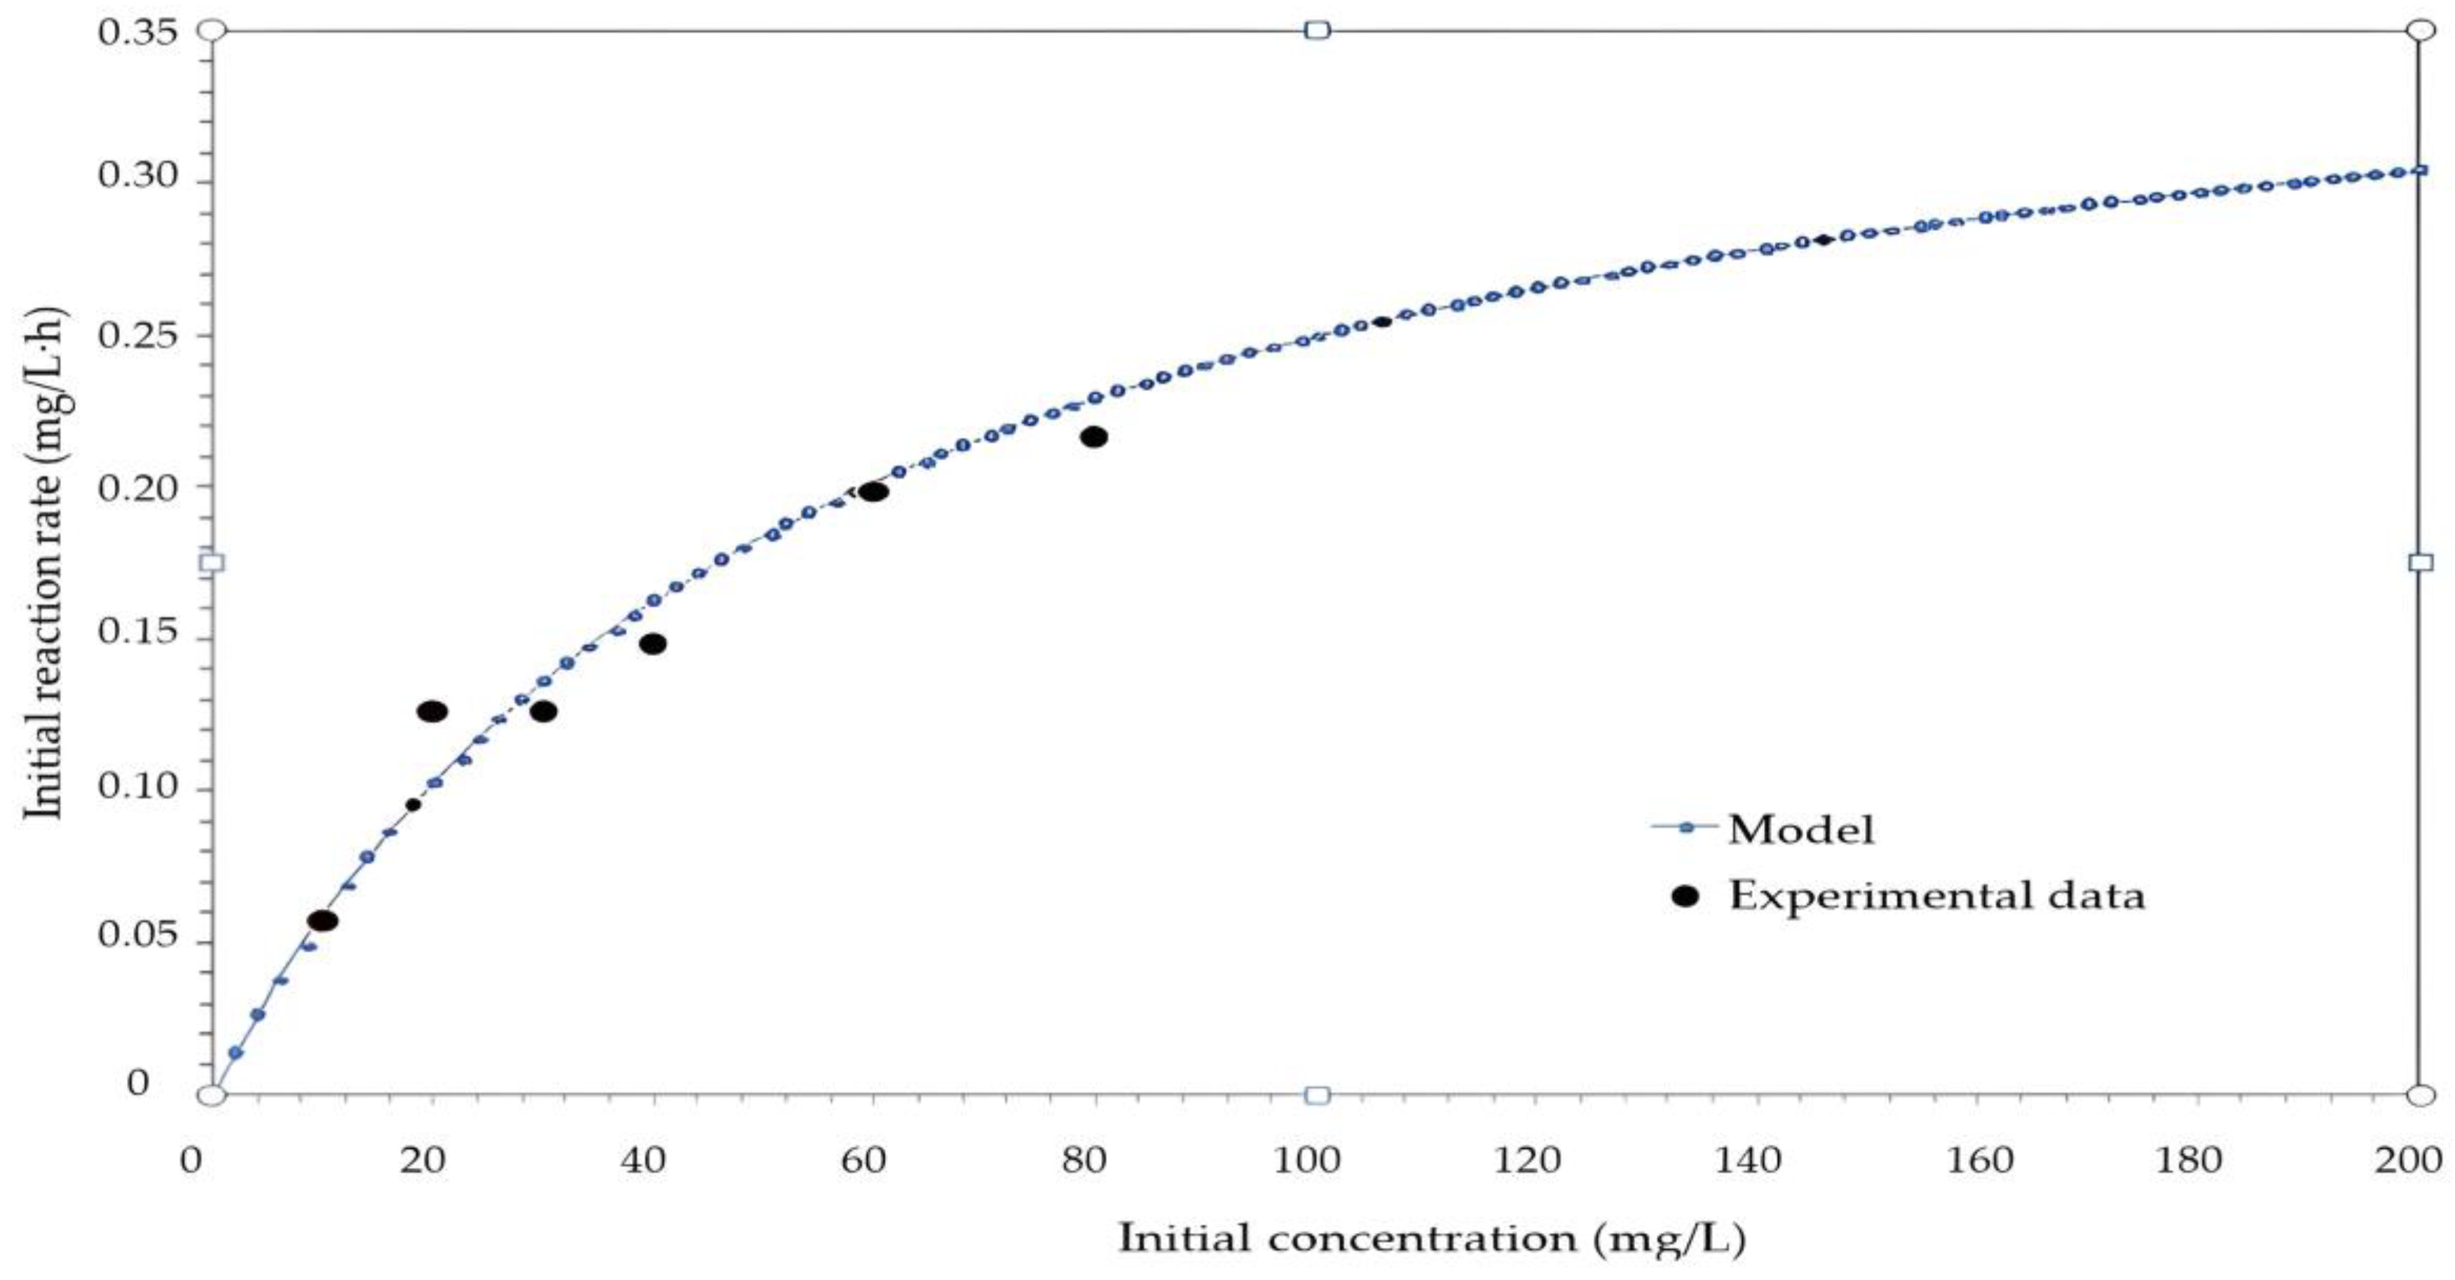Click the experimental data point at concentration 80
1093,437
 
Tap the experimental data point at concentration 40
653,644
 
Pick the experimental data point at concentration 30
543,711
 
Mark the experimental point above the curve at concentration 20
432,711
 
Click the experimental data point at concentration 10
323,920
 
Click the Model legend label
1801,829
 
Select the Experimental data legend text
1936,896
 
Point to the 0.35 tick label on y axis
137,32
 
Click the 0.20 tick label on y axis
137,487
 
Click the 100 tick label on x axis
1314,1160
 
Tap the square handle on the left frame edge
212,562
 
